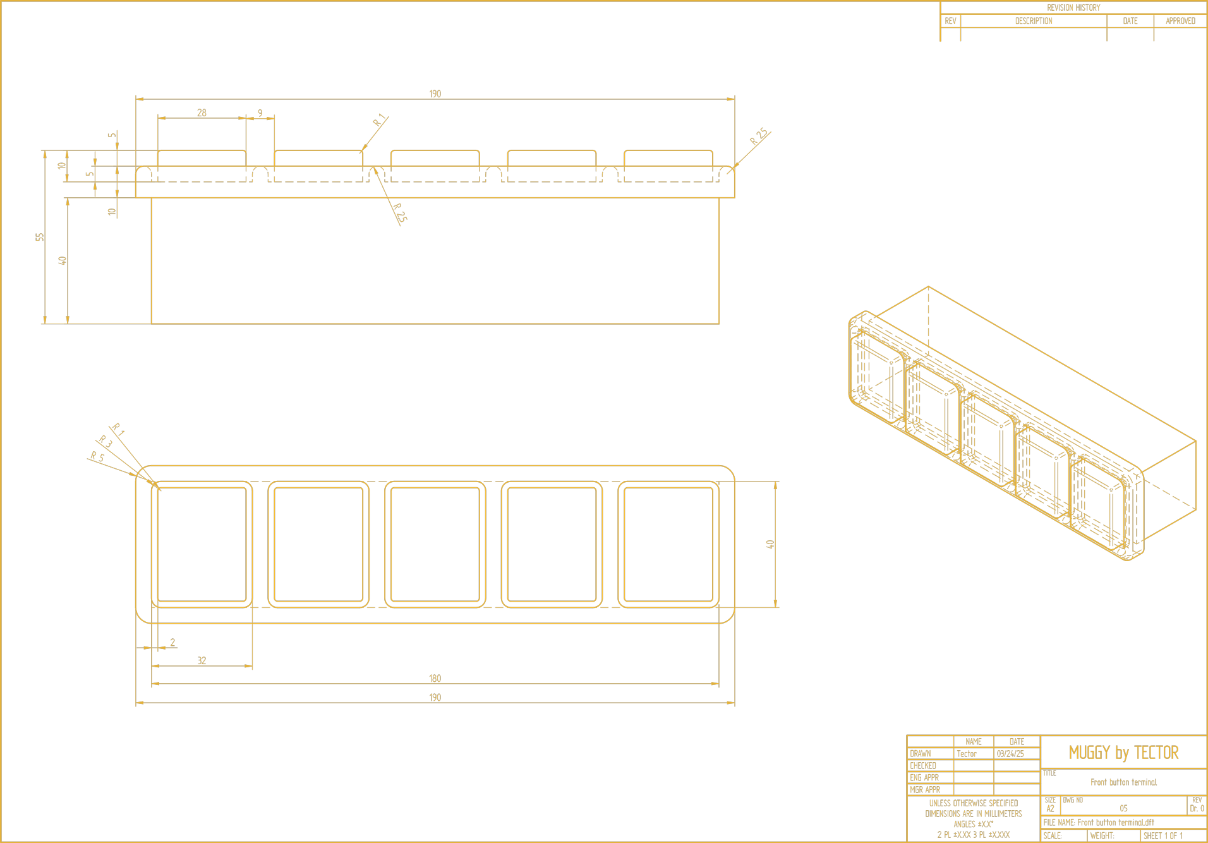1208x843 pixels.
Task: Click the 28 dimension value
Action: click(x=202, y=113)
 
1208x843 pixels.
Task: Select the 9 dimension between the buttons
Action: click(x=260, y=114)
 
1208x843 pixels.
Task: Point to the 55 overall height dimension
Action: click(x=40, y=237)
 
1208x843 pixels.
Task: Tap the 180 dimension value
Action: click(x=435, y=679)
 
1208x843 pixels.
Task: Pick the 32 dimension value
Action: click(x=202, y=661)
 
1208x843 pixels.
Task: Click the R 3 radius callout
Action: click(x=106, y=442)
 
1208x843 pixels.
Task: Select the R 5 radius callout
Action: click(x=97, y=457)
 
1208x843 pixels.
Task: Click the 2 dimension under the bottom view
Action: click(x=172, y=643)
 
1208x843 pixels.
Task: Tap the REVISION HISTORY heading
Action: click(x=1073, y=8)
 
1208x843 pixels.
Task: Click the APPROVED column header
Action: click(x=1180, y=21)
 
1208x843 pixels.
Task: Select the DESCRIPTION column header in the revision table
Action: click(x=1033, y=21)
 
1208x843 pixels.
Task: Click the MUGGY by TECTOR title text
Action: click(x=1123, y=753)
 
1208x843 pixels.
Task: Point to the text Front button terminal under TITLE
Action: click(x=1123, y=782)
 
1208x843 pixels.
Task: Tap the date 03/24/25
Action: click(x=1010, y=754)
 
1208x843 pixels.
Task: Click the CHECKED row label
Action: click(x=922, y=766)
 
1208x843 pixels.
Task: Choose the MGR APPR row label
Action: click(x=924, y=790)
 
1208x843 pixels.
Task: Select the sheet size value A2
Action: click(x=1050, y=809)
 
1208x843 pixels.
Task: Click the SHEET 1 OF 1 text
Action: click(x=1163, y=835)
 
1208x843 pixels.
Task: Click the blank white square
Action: click(x=1001, y=638)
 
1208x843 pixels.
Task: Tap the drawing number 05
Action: click(x=1123, y=809)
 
